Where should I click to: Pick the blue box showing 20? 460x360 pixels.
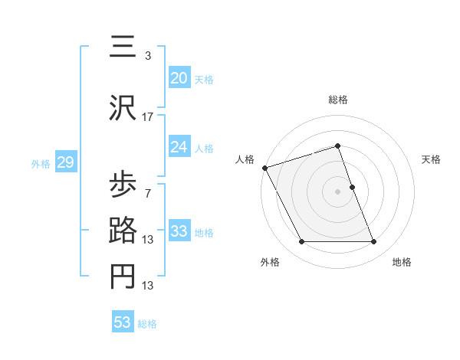pos(179,77)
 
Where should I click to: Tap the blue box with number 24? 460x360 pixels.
pos(179,148)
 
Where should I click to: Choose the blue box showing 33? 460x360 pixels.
pos(179,231)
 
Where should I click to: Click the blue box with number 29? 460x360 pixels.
pos(65,162)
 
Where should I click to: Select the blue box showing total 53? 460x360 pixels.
pos(123,322)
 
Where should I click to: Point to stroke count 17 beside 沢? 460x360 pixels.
pos(148,116)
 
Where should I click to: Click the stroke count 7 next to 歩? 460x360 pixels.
pos(148,193)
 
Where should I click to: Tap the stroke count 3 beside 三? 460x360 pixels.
pos(148,56)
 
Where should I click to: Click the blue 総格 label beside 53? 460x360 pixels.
pos(147,323)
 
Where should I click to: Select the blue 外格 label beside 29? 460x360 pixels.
pos(41,164)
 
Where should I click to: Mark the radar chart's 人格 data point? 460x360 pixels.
pos(264,168)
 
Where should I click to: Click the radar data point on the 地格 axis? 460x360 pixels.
pos(374,242)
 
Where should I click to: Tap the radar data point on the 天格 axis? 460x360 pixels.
pos(352,187)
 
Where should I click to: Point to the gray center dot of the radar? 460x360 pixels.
pos(337,191)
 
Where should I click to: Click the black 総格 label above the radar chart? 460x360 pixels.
pos(337,100)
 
